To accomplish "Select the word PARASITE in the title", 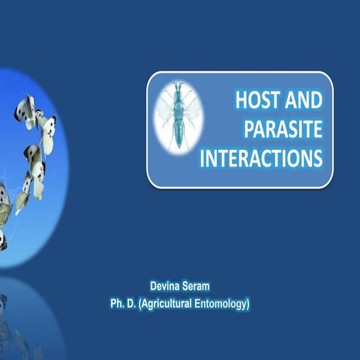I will (x=283, y=129).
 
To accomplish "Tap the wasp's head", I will (x=177, y=88).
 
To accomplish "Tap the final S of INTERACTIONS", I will (x=318, y=158).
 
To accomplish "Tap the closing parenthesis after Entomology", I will (x=248, y=304).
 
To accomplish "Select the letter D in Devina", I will (x=154, y=285).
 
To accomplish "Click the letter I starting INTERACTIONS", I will (x=204, y=158).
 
